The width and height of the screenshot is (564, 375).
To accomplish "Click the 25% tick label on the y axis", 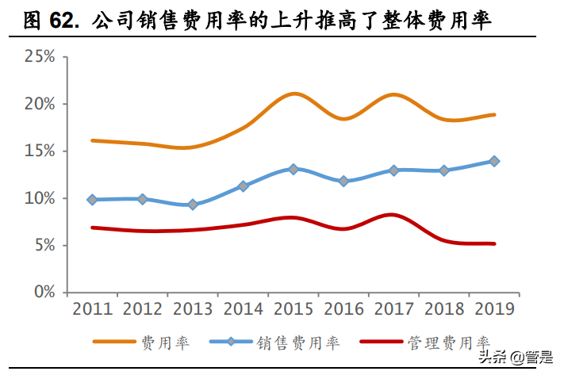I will tap(40, 56).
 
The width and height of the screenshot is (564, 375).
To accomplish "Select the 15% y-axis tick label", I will tap(40, 151).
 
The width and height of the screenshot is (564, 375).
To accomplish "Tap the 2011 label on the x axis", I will tap(93, 308).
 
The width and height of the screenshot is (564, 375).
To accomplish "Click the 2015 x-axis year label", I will tap(294, 308).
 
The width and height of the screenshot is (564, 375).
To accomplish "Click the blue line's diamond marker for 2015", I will tap(294, 169).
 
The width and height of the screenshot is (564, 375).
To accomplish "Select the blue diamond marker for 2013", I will tap(193, 205).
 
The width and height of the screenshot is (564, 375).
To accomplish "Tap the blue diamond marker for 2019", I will tap(494, 161).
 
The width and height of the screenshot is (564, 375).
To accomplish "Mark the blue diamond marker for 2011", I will tap(93, 200).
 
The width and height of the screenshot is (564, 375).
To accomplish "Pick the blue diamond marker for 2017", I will tap(394, 170).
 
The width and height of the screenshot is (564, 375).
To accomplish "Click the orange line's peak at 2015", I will tap(294, 94).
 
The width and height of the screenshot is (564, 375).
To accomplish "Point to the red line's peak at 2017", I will tap(393, 214).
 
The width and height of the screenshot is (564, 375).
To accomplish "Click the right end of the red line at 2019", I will tap(494, 243).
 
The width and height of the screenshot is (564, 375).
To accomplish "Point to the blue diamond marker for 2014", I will tap(244, 186).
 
